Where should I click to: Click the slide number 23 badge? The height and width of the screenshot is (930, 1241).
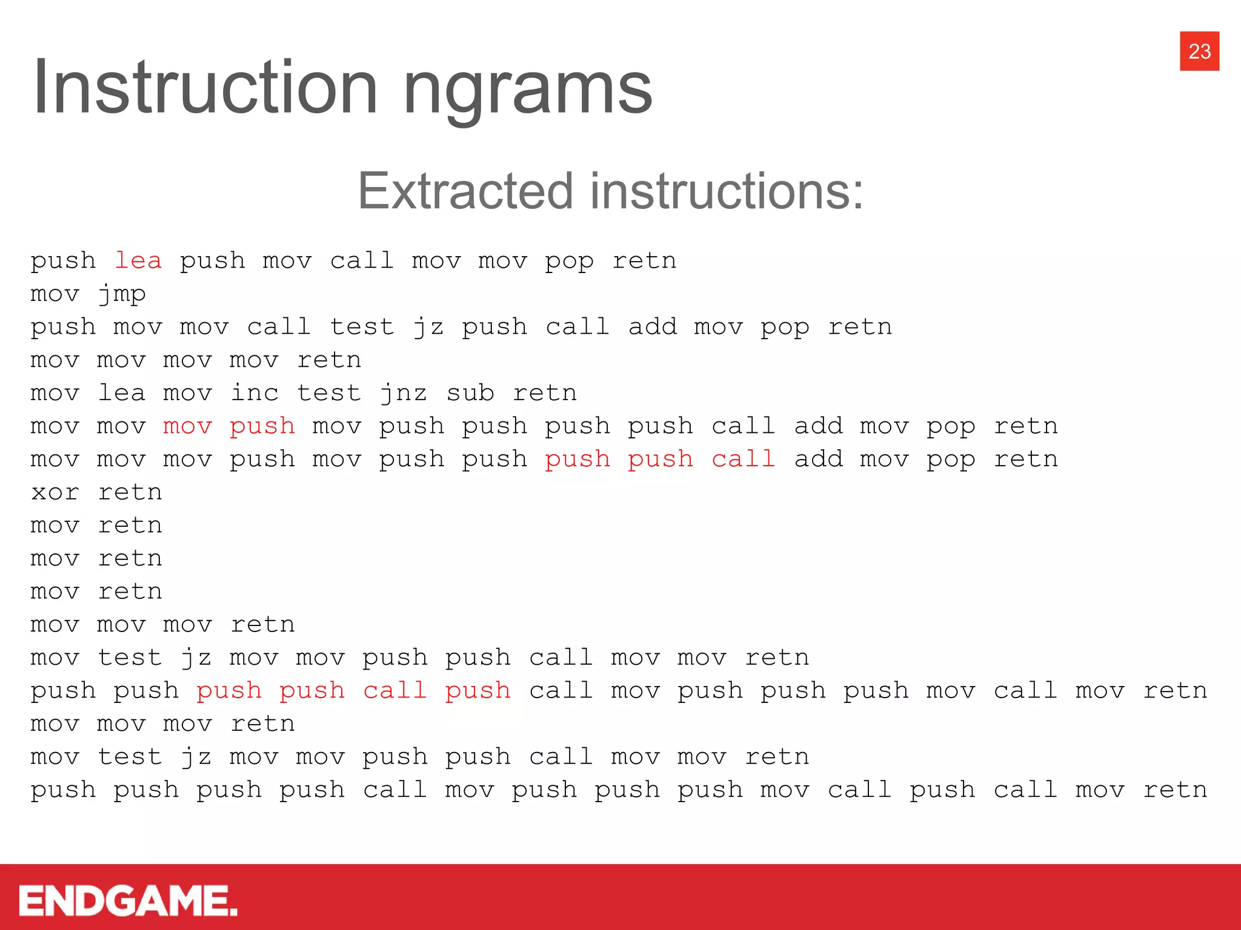pos(1199,51)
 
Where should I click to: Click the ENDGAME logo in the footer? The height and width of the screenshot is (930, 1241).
pos(128,900)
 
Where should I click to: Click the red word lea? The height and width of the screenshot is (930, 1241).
pos(138,260)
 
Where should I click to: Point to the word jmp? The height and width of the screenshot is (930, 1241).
pos(122,294)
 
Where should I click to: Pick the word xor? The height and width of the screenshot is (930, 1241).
pos(55,492)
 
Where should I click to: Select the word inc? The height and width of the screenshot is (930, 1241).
pos(255,393)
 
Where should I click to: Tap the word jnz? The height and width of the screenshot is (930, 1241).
pos(404,393)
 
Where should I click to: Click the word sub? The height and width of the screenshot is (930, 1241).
pos(470,393)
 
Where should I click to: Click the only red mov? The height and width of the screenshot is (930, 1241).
pos(188,426)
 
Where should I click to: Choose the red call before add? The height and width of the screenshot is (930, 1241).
pos(744,459)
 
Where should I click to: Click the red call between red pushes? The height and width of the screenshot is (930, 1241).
pos(395,691)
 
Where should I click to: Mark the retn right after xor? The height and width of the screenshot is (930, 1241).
pos(130,492)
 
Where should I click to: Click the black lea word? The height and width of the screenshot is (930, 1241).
pos(122,393)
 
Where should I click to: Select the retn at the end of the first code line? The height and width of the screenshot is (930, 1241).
pos(644,260)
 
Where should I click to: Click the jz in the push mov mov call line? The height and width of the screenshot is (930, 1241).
pos(428,327)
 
